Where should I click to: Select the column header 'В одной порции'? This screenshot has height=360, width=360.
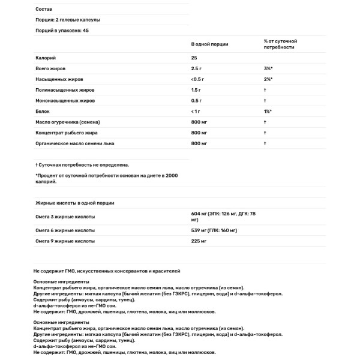click(x=209, y=44)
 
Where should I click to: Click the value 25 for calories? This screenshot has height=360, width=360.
click(x=194, y=58)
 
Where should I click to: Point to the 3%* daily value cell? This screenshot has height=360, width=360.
click(x=268, y=68)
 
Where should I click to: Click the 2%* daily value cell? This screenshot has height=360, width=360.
click(x=268, y=79)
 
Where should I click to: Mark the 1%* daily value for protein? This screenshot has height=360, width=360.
click(x=268, y=112)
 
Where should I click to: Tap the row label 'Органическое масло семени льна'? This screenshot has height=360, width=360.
click(x=75, y=144)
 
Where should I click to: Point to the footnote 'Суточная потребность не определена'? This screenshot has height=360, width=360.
click(x=83, y=164)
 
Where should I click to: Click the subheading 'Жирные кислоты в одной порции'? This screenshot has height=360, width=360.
click(x=75, y=203)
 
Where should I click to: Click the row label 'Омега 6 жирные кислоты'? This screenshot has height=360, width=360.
click(x=65, y=230)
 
